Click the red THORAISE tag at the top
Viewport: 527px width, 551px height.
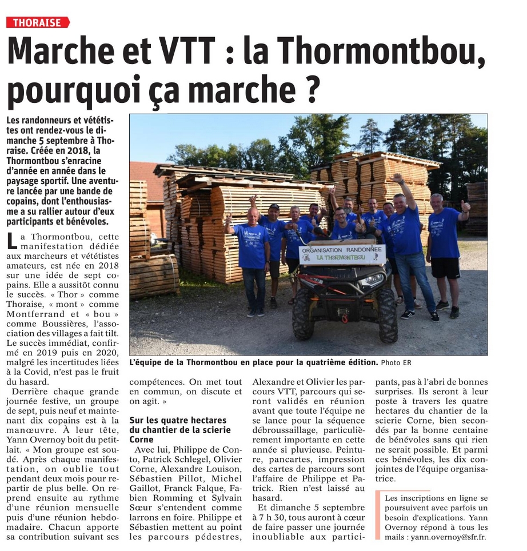pos(37,23)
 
